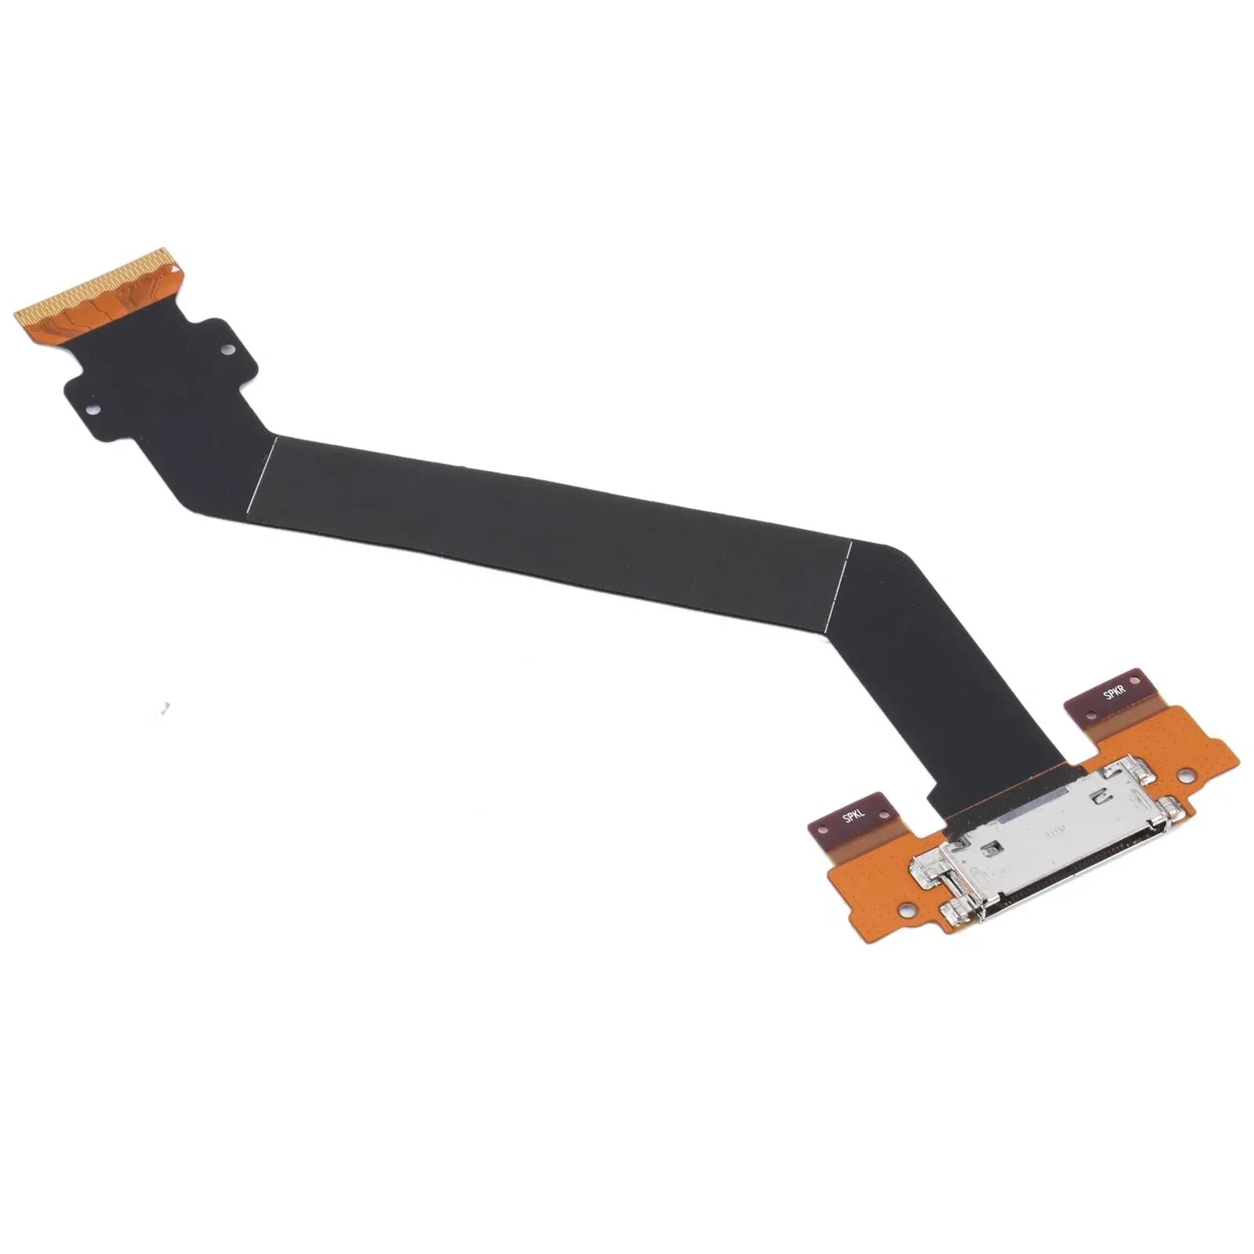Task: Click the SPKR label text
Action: (1114, 693)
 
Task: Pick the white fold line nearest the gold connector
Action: (263, 473)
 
